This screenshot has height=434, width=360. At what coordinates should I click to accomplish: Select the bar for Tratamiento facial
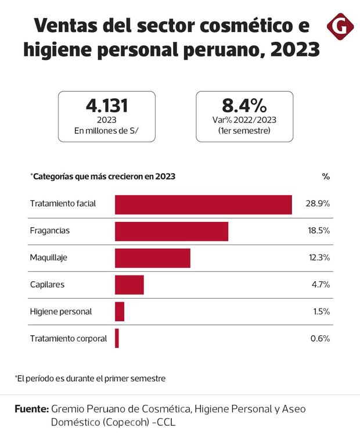[x=203, y=205]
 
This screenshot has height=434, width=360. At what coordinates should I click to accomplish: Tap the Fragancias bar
[x=171, y=231]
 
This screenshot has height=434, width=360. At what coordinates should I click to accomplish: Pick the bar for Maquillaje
[x=153, y=258]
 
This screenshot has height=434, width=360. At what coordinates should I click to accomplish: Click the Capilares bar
[x=129, y=285]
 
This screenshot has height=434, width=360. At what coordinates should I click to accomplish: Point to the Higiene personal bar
[x=120, y=311]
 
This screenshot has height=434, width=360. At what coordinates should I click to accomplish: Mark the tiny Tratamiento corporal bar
[x=117, y=338]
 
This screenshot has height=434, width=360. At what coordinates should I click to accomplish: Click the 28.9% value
[x=318, y=205]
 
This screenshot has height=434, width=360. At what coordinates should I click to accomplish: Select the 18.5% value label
[x=318, y=231]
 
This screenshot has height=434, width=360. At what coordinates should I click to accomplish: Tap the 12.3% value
[x=318, y=258]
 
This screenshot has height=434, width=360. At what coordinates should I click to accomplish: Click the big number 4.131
[x=106, y=106]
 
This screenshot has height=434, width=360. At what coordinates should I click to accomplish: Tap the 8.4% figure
[x=244, y=106]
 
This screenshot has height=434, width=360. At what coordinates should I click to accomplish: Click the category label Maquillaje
[x=48, y=258]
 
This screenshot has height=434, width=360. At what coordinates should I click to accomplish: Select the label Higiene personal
[x=60, y=311]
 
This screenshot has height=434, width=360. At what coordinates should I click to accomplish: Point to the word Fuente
[x=31, y=409]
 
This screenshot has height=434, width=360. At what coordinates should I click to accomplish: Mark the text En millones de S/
[x=106, y=131]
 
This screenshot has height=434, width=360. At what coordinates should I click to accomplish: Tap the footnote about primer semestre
[x=90, y=378]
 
